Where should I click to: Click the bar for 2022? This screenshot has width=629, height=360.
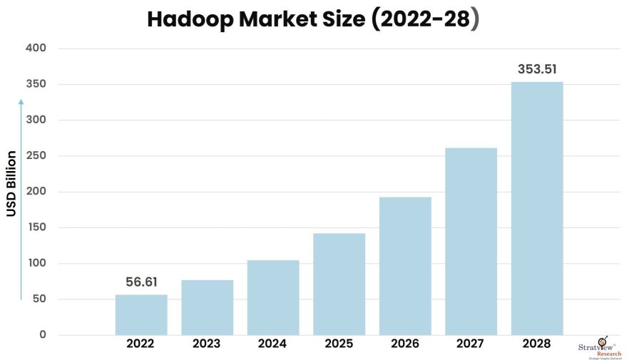coord(141,314)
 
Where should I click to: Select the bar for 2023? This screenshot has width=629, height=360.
coord(207,307)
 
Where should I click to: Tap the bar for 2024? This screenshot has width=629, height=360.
coord(273,297)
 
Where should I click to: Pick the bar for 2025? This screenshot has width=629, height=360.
coord(339,284)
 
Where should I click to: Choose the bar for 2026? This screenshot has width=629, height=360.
coord(405,266)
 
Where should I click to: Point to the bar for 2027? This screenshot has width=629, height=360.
coord(471,241)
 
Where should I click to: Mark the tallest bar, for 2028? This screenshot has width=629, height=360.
coord(537,208)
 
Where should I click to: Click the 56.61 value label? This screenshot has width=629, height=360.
coord(141,282)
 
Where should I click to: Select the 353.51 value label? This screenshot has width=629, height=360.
coord(537,69)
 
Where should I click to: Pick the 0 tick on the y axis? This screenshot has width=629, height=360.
coord(42,335)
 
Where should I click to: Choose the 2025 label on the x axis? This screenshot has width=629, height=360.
coord(339,344)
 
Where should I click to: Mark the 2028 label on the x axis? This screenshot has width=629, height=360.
coord(537,344)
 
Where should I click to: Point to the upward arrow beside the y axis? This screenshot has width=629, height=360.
coord(21,200)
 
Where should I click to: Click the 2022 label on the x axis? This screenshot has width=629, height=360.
coord(141,344)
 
